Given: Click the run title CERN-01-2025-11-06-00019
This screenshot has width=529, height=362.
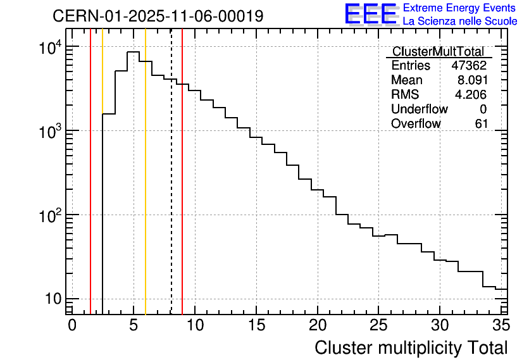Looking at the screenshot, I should [158, 16].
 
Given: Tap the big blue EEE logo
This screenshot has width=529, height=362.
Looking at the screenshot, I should [371, 14].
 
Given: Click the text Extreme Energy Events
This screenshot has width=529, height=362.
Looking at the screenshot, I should [459, 8].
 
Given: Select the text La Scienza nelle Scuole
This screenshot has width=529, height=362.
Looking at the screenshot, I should [459, 22].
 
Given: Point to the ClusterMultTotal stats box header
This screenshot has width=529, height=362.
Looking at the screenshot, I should [438, 52].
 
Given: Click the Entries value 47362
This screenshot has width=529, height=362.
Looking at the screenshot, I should [469, 66].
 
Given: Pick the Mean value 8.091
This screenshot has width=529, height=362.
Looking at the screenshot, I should [472, 80].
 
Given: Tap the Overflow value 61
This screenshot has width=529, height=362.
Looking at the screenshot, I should [481, 124].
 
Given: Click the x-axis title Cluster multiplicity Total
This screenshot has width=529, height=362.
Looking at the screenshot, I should [411, 347].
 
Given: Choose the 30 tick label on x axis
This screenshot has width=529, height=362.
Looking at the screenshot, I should [440, 325].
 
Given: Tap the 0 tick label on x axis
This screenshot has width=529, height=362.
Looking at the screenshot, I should [72, 325].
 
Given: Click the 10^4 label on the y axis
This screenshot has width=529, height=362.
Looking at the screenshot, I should [50, 48].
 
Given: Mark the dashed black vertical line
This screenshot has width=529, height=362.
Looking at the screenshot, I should [171, 190].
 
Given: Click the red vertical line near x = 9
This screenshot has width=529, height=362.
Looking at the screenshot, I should [182, 190].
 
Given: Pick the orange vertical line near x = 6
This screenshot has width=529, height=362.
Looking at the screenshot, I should [146, 190].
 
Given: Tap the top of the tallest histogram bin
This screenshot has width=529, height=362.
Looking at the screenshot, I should [134, 52].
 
